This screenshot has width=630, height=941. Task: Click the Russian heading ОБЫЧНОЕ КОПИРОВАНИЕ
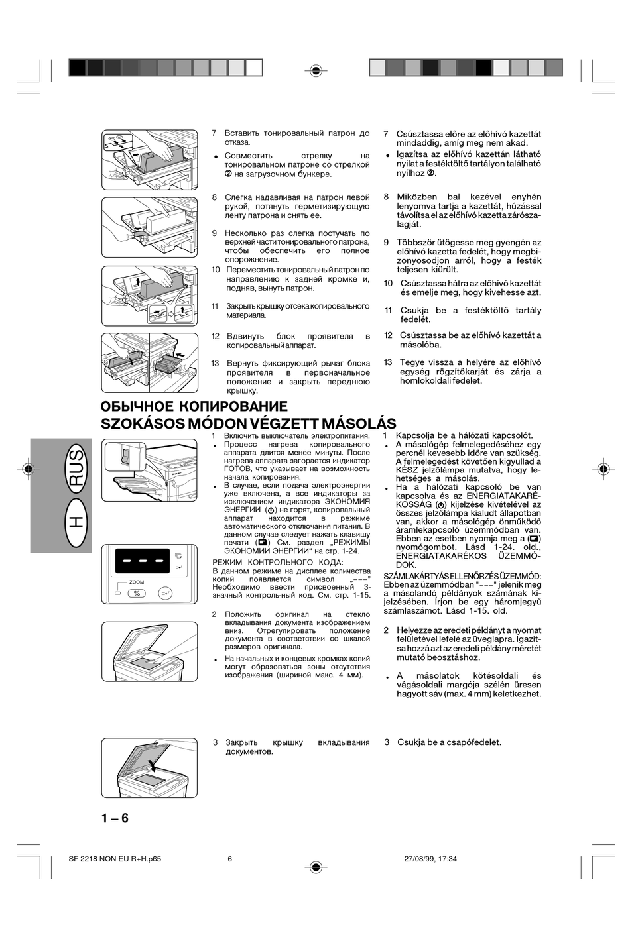(x=194, y=406)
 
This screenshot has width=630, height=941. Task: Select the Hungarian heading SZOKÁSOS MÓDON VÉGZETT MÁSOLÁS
(x=249, y=423)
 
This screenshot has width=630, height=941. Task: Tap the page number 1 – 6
(x=115, y=818)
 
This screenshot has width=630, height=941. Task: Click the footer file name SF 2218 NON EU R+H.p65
(x=115, y=858)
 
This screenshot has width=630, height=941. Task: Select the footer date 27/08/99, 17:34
(x=430, y=858)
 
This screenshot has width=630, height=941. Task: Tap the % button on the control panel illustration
(x=137, y=593)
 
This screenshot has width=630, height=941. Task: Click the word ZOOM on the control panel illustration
(x=137, y=582)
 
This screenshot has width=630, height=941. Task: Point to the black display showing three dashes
(x=143, y=561)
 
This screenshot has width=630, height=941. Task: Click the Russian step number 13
(x=216, y=363)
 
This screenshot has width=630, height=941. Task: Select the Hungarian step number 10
(x=389, y=283)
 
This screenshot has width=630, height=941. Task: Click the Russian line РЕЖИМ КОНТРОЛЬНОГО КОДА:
(x=278, y=563)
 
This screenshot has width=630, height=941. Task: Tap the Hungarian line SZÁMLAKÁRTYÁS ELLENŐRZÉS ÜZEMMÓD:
(x=462, y=576)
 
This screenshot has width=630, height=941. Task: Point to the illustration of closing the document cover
(x=149, y=767)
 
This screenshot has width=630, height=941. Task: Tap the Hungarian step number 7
(x=386, y=134)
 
